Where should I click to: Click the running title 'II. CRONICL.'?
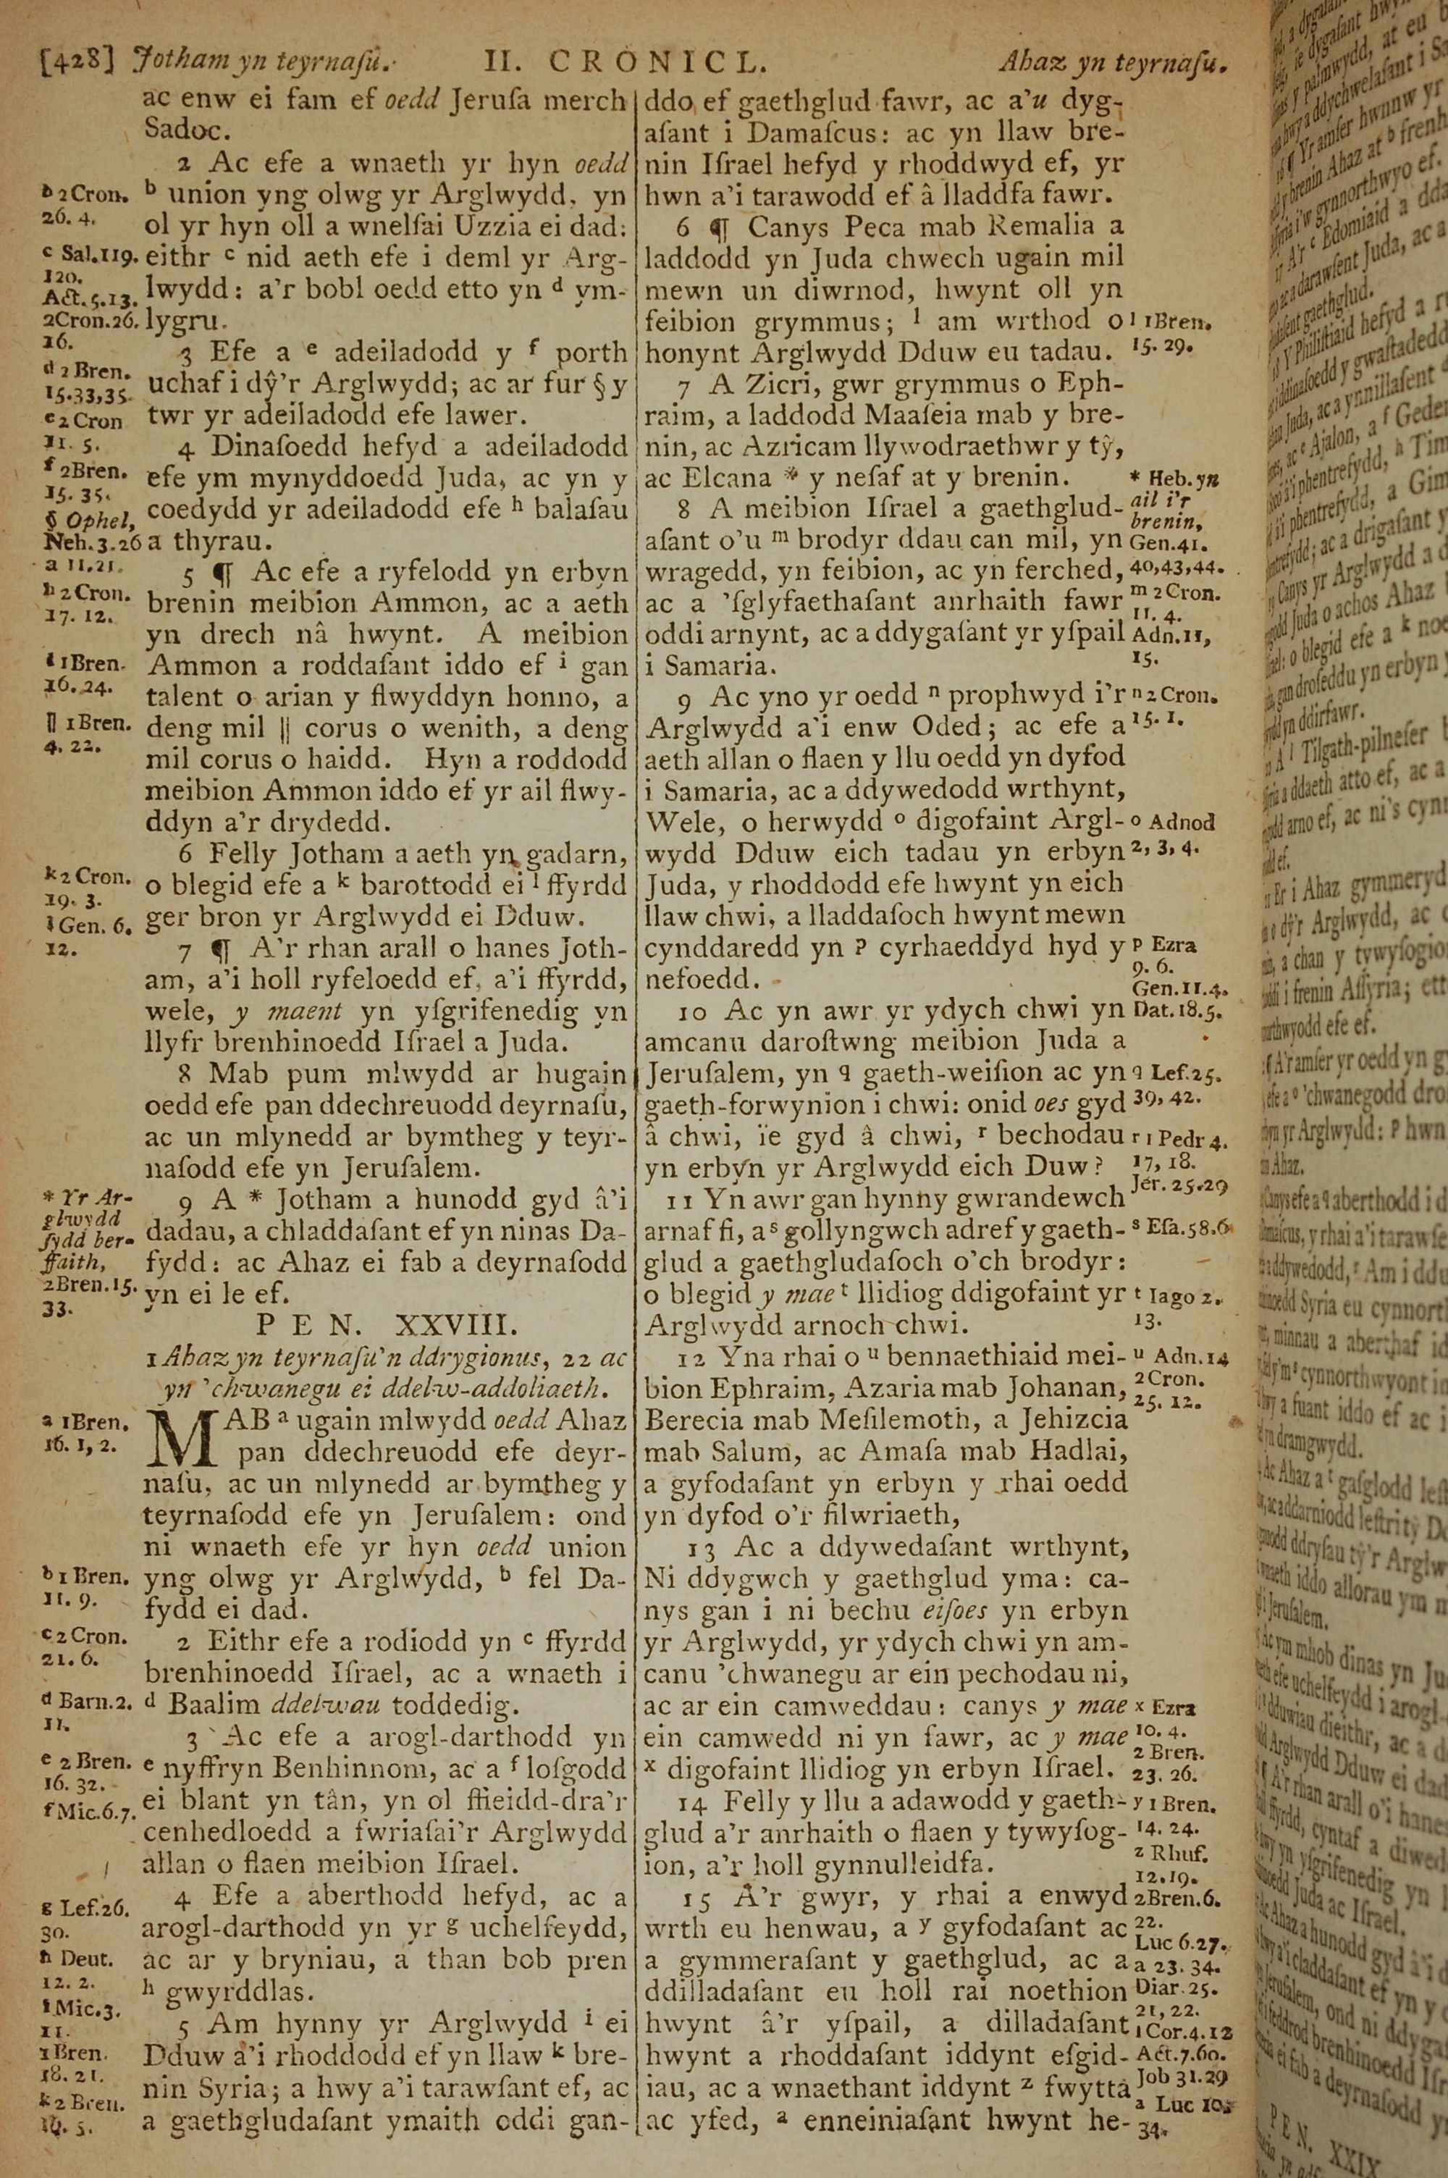[626, 62]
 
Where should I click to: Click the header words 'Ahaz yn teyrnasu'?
[1115, 63]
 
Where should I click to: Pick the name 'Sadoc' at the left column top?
[187, 127]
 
